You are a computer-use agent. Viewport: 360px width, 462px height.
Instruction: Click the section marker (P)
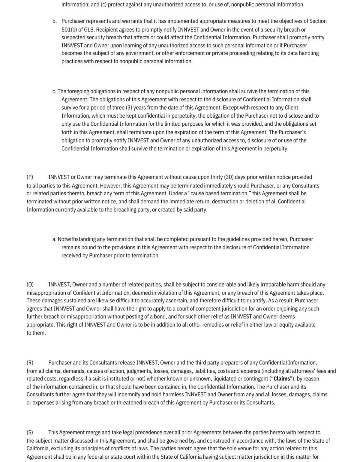click(30, 177)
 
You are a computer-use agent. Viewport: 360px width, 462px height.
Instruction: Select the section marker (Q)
click(30, 284)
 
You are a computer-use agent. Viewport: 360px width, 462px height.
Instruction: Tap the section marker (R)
click(30, 362)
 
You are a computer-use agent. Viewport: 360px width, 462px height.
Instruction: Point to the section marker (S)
click(30, 432)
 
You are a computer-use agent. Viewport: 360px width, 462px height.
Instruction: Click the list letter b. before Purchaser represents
click(55, 21)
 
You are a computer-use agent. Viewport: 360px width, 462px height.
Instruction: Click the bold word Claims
click(282, 379)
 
